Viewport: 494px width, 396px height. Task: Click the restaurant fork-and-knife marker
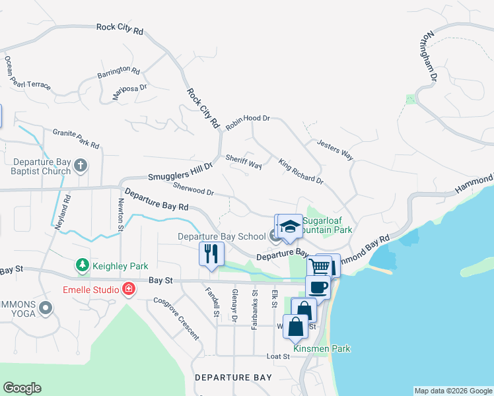tap(212, 254)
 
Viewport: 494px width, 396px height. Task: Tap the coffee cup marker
tap(318, 287)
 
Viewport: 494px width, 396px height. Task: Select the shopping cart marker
tap(319, 266)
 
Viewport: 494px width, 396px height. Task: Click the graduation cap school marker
tap(289, 226)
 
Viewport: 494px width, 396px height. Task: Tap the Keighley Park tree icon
tap(83, 265)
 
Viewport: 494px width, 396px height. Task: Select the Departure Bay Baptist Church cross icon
tap(81, 165)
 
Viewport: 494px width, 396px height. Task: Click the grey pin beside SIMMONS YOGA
tap(46, 308)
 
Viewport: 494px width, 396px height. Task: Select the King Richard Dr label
tap(300, 171)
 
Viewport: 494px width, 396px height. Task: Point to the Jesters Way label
tap(335, 150)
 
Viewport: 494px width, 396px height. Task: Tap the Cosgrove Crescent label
tap(176, 318)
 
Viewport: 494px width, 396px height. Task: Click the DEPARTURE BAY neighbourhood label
tap(233, 378)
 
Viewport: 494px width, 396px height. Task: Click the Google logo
tap(22, 388)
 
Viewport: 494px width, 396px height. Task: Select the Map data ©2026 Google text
tap(452, 391)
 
